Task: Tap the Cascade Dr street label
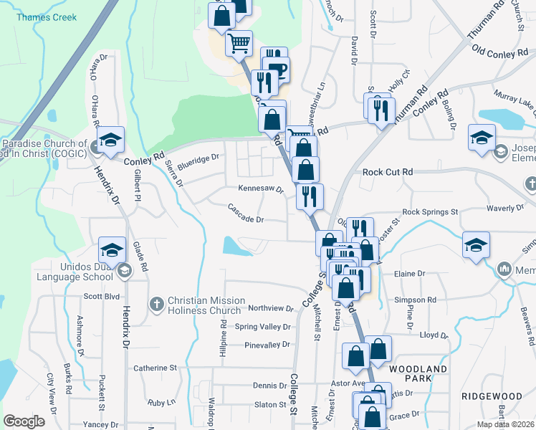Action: pyautogui.click(x=247, y=213)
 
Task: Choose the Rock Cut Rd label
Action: pyautogui.click(x=388, y=172)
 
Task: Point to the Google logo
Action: pyautogui.click(x=24, y=421)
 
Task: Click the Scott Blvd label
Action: pyautogui.click(x=102, y=296)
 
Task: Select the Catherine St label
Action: pyautogui.click(x=155, y=368)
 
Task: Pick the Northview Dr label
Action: pyautogui.click(x=271, y=309)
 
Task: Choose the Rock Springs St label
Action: pyautogui.click(x=430, y=212)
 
